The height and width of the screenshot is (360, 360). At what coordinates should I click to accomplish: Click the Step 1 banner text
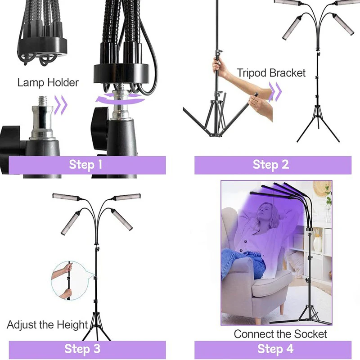85,165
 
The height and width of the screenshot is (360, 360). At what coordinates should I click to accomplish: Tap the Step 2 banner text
270,165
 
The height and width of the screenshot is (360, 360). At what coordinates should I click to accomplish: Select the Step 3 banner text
82,349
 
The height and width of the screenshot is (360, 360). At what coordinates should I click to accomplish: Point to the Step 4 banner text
275,349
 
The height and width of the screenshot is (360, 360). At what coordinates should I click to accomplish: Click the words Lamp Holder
48,82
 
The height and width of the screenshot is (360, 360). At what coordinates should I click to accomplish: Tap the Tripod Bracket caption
271,72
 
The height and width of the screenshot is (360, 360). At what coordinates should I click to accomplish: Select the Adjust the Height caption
47,324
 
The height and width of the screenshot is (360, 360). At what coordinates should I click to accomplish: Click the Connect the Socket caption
280,334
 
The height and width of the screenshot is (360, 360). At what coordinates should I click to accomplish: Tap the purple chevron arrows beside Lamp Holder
62,104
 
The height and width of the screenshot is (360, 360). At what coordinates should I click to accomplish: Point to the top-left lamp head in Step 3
66,196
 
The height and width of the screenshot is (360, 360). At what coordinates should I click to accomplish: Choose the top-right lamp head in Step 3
126,197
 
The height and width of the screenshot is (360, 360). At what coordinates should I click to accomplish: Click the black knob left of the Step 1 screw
9,135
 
